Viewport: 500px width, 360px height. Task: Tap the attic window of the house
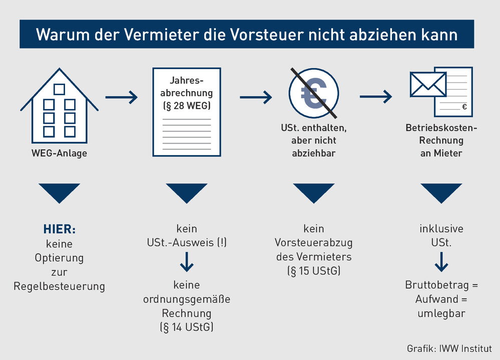[x=60, y=89]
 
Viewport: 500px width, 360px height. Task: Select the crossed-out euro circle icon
[x=313, y=93]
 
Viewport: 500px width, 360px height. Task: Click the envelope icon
[x=428, y=84]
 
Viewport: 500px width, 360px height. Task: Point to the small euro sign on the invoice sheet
[x=464, y=107]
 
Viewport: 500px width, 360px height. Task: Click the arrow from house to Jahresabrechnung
[x=122, y=97]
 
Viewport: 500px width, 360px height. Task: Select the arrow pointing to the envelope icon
[x=376, y=97]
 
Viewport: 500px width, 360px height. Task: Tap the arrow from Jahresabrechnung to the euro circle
[x=256, y=97]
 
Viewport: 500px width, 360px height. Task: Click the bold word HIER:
[x=60, y=229]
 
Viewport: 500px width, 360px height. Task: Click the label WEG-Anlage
[x=60, y=153]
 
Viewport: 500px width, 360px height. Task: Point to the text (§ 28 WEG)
[x=187, y=106]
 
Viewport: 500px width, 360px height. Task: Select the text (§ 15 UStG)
[x=314, y=271]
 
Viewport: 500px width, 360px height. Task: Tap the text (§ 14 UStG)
[x=187, y=327]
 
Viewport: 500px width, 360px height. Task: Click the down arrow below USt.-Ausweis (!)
[x=187, y=262]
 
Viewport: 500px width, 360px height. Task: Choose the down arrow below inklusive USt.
[x=441, y=262]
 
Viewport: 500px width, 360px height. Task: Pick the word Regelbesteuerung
[x=60, y=286]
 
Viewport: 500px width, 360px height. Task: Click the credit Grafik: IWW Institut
[x=449, y=348]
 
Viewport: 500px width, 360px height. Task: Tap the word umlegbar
[x=441, y=313]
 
